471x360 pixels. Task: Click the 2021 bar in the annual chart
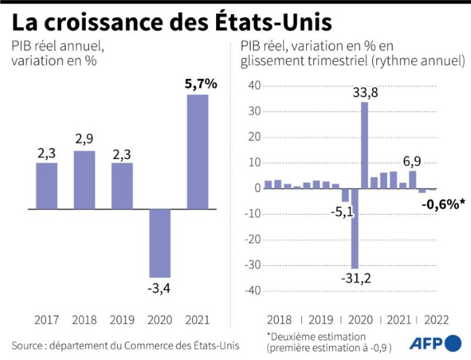pos(197,152)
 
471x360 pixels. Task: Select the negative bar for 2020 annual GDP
pos(160,243)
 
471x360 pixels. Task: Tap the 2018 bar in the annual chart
pos(84,180)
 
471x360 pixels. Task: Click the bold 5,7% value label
pos(201,84)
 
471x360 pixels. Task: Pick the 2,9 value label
pos(84,140)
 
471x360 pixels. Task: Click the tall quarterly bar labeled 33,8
pos(364,145)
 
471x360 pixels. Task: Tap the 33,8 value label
pos(366,93)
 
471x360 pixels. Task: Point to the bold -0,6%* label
pos(443,204)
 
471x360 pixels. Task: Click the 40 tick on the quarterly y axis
pos(254,86)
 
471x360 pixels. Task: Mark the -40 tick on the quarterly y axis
pos(251,290)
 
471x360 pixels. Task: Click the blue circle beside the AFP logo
pos(453,343)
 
